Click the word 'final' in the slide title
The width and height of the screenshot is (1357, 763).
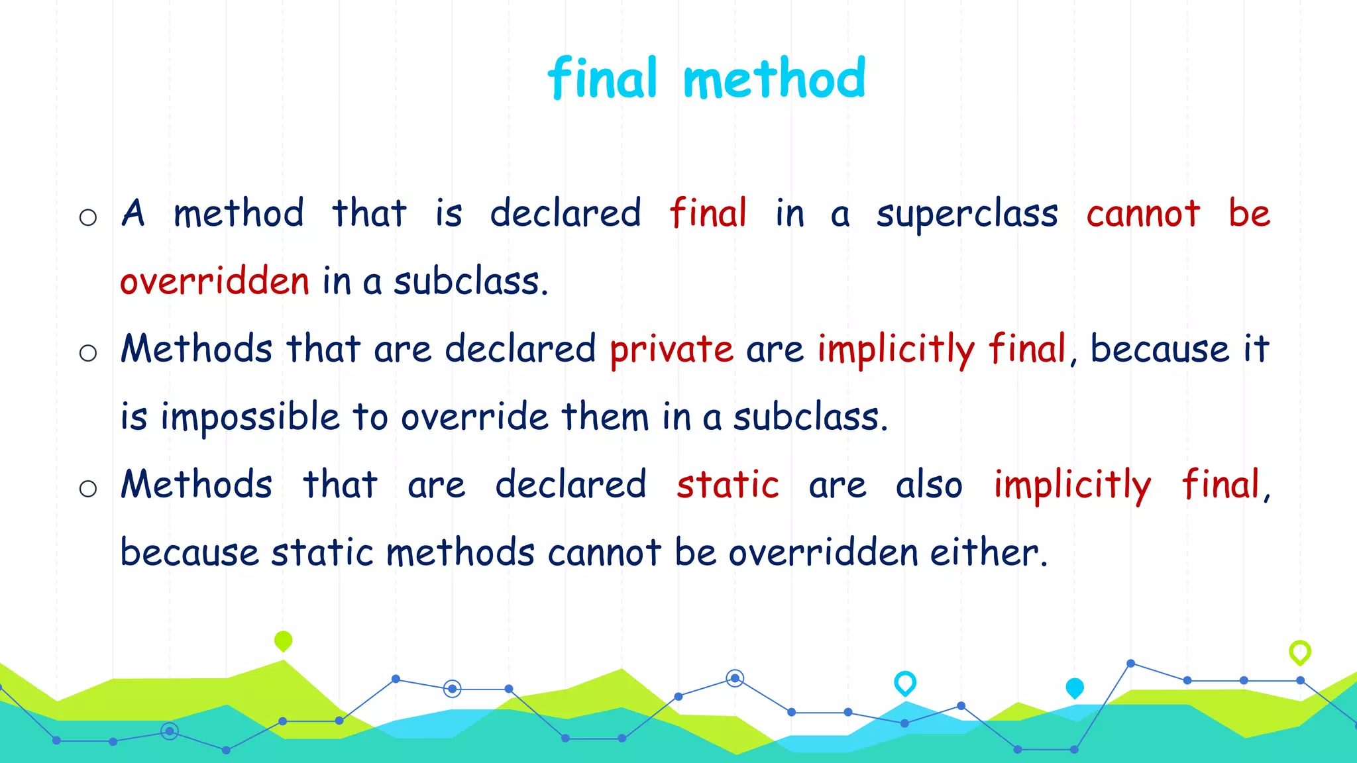(x=602, y=79)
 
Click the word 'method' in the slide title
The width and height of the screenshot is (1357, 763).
(x=774, y=79)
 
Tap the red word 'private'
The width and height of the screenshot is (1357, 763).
(x=671, y=349)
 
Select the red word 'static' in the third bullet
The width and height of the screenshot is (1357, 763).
(x=728, y=484)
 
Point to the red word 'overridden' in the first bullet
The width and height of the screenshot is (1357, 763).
(x=215, y=281)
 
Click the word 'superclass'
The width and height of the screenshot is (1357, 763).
(x=967, y=214)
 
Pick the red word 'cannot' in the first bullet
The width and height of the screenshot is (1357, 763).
(x=1143, y=214)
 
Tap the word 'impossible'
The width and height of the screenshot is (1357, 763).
(x=250, y=417)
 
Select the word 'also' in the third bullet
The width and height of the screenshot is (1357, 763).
(x=929, y=484)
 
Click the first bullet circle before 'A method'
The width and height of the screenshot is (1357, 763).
(x=88, y=217)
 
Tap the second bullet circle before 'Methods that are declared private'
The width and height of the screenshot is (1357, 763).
(x=88, y=353)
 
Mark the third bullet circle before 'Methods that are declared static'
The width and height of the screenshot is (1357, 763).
(x=88, y=489)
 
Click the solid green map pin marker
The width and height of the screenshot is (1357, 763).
(x=283, y=640)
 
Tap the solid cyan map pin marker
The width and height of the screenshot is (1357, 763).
(x=1075, y=687)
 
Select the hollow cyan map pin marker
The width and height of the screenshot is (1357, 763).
(x=905, y=682)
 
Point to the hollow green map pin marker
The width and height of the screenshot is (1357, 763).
(x=1300, y=652)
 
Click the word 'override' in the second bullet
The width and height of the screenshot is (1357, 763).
(x=474, y=417)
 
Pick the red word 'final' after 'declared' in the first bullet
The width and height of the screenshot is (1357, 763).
(x=708, y=214)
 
